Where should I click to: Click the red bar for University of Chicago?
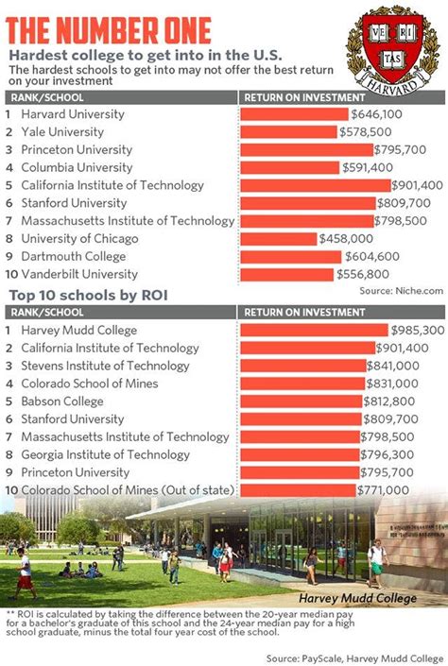[278, 239]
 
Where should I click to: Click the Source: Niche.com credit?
[401, 292]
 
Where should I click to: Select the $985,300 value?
[418, 331]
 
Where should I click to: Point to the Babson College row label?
[63, 401]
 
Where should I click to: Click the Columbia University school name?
[76, 167]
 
